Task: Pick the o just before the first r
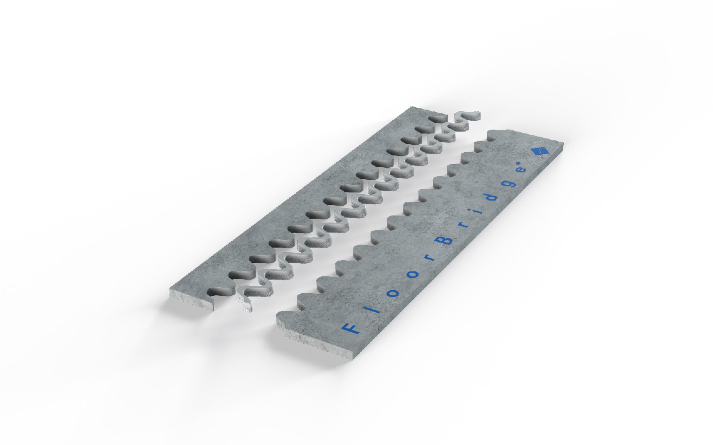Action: click(x=413, y=274)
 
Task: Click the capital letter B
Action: click(x=444, y=240)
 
